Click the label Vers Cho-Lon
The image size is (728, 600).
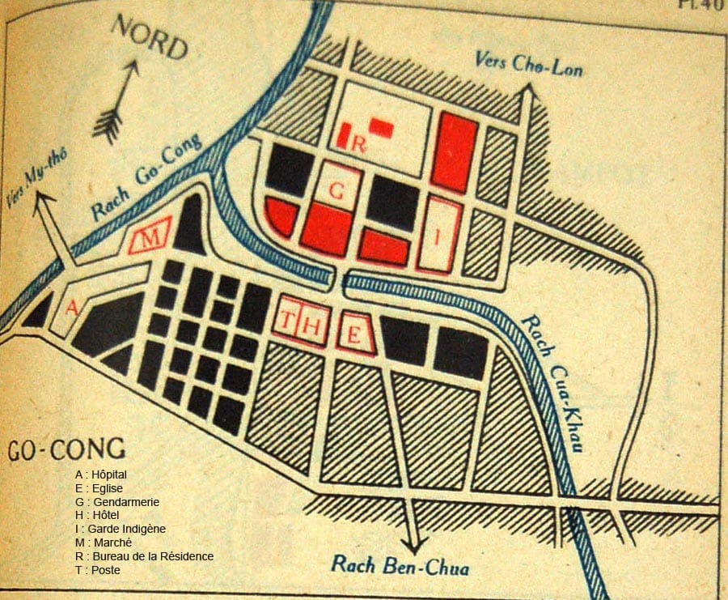528,62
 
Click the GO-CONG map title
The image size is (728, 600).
66,449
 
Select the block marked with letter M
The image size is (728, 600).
150,237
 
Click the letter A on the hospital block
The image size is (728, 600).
71,308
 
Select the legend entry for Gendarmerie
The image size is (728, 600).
116,502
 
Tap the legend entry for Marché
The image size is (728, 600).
102,543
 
